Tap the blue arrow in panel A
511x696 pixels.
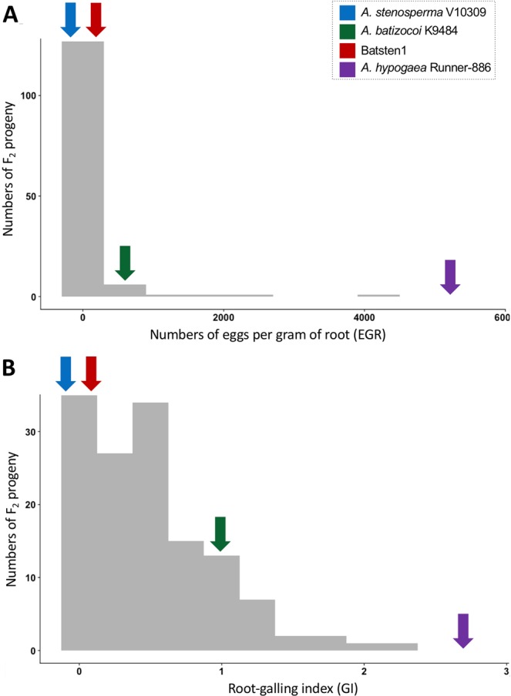pyautogui.click(x=70, y=18)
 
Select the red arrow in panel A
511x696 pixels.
pyautogui.click(x=96, y=18)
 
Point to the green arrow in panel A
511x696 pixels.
pyautogui.click(x=124, y=263)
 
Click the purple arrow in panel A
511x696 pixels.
pyautogui.click(x=450, y=276)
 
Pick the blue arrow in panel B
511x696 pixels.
pyautogui.click(x=66, y=374)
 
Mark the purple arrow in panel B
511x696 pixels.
pyautogui.click(x=462, y=630)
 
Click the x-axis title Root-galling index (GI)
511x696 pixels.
pyautogui.click(x=282, y=684)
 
